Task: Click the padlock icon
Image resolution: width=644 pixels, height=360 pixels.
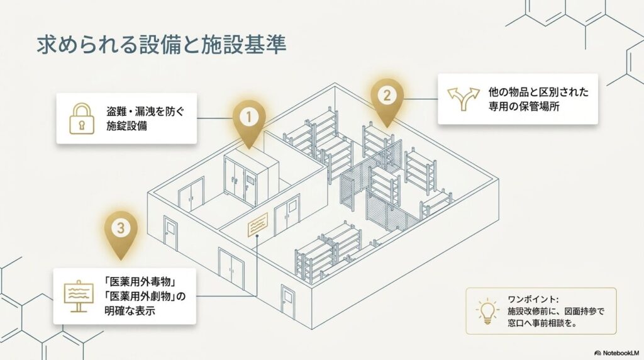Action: [x=82, y=118]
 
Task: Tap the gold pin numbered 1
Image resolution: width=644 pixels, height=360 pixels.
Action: [x=248, y=121]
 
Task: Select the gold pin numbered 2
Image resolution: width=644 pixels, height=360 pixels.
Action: [x=387, y=100]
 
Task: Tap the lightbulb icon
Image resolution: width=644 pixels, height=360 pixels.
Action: [x=487, y=311]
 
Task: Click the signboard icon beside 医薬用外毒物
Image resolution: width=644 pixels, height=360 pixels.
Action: [x=79, y=296]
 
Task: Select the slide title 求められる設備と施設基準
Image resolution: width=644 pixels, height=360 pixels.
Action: [x=162, y=45]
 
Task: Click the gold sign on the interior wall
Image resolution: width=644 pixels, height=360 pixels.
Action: [x=257, y=225]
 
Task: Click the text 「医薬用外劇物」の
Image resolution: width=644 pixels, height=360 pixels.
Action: [x=145, y=296]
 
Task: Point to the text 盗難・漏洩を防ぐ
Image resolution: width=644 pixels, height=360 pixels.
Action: [x=145, y=112]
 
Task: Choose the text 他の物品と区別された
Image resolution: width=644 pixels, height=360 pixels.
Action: [x=538, y=92]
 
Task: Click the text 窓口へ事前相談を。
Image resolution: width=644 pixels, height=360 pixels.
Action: [x=543, y=323]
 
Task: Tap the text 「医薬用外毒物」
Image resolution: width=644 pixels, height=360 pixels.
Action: [x=140, y=283]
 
